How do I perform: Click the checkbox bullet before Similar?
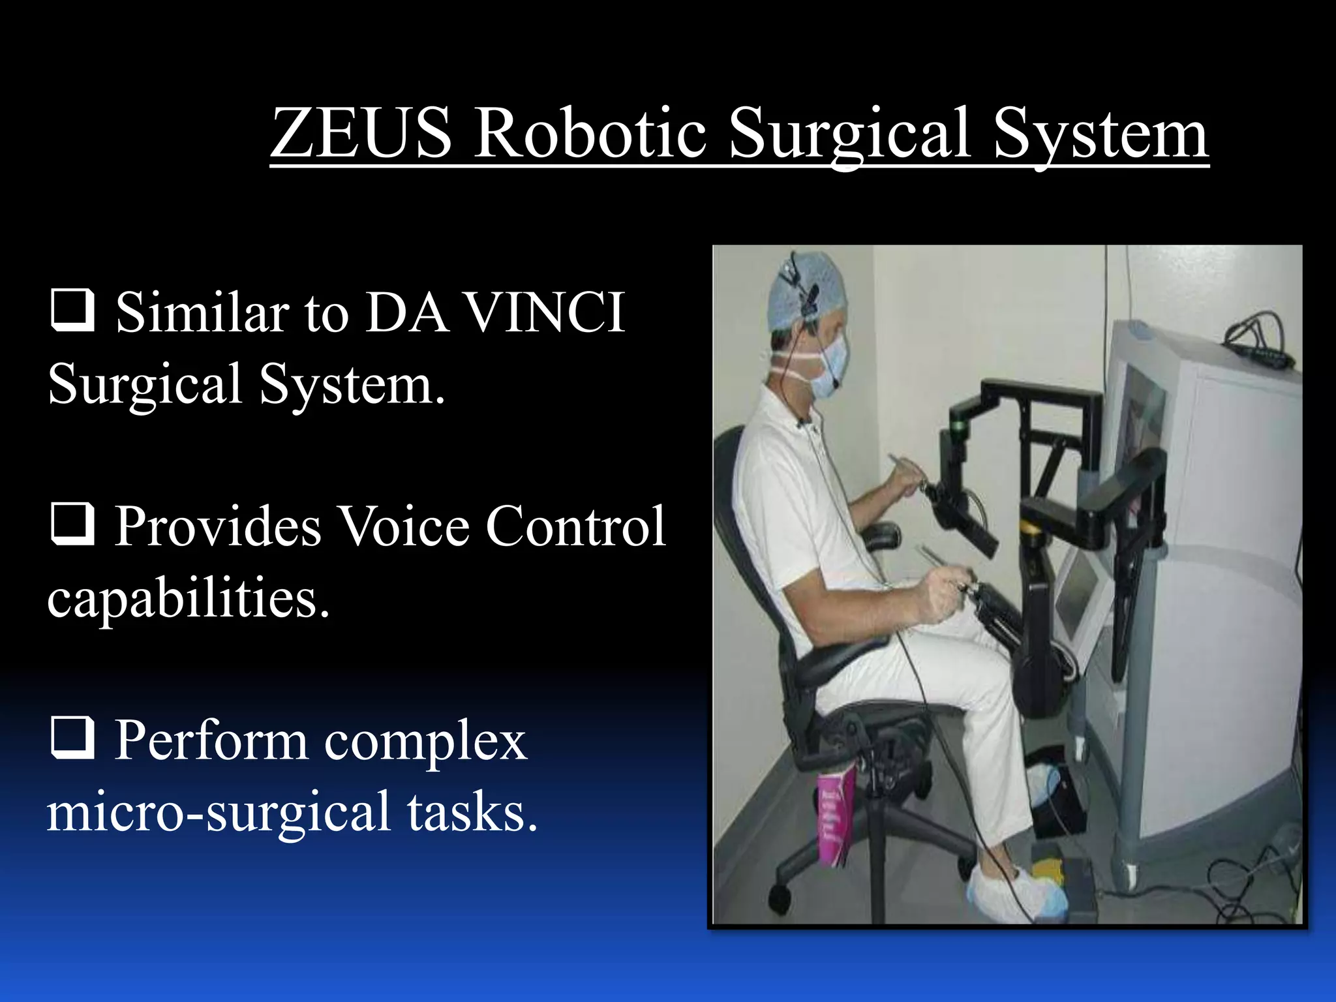(x=72, y=311)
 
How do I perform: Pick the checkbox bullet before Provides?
(x=72, y=524)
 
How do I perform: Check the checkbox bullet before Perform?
(x=72, y=738)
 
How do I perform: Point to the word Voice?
(x=404, y=526)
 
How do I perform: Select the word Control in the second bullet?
(x=575, y=526)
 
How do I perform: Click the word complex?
(x=425, y=742)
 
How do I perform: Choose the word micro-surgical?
(x=219, y=812)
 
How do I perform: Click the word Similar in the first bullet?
(x=202, y=312)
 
